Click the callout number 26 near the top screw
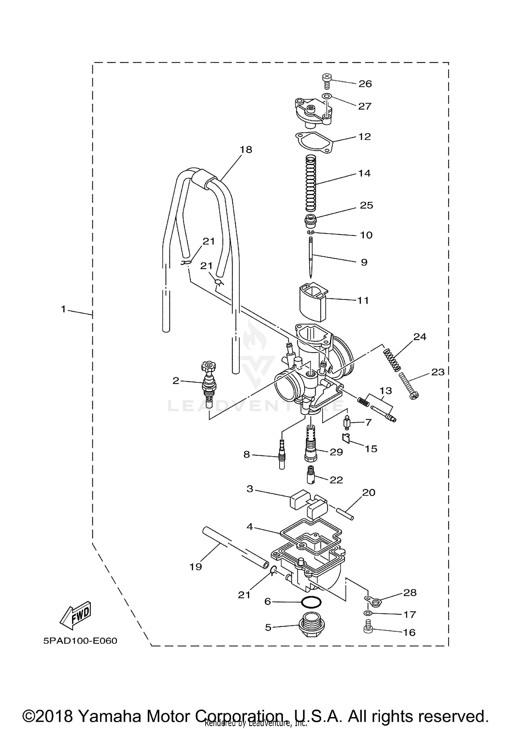click(365, 84)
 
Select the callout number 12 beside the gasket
click(365, 137)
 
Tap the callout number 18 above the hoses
click(246, 150)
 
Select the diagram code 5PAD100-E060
click(80, 641)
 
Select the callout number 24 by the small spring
click(420, 337)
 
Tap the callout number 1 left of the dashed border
click(63, 309)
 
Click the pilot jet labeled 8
click(282, 454)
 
